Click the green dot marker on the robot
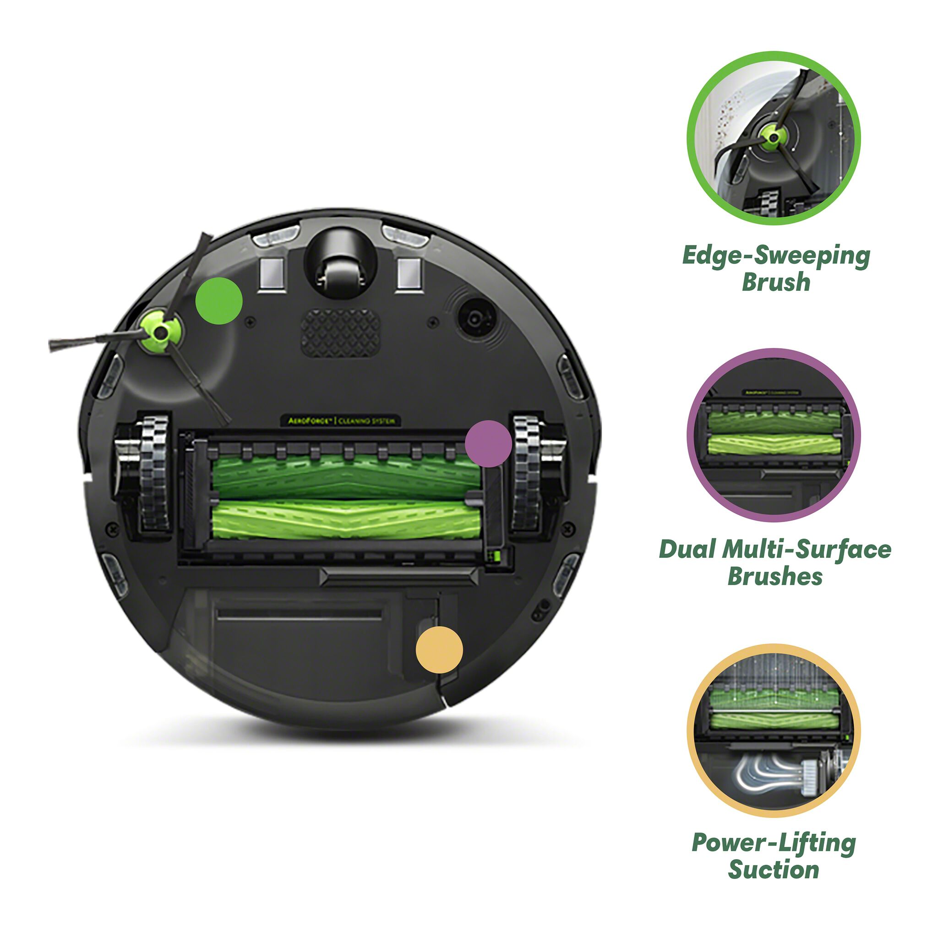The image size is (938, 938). (218, 301)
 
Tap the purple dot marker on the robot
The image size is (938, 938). (488, 444)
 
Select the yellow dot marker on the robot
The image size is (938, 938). (439, 649)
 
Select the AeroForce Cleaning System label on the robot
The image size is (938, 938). (341, 420)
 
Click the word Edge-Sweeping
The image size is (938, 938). (775, 257)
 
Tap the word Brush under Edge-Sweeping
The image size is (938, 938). (776, 283)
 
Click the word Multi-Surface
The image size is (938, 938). (807, 550)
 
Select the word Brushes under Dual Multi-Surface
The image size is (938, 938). (775, 576)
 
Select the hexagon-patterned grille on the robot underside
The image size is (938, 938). (340, 333)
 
